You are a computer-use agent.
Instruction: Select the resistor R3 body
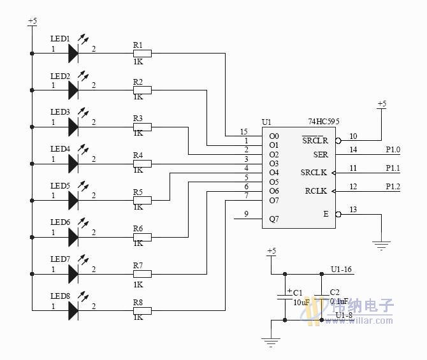[x=142, y=127]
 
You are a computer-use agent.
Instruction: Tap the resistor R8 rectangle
[x=142, y=311]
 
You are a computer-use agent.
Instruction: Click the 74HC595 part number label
[x=328, y=121]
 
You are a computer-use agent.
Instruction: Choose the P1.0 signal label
[x=393, y=150]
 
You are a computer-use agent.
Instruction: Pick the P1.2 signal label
[x=393, y=186]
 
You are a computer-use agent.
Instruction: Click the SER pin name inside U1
[x=321, y=154]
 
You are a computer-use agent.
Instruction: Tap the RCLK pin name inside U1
[x=316, y=191]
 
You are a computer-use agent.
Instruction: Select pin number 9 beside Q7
[x=246, y=214]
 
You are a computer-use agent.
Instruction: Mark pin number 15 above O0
[x=244, y=131]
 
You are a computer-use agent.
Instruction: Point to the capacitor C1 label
[x=298, y=292]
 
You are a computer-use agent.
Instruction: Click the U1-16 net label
[x=342, y=270]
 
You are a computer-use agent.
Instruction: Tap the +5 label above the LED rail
[x=32, y=21]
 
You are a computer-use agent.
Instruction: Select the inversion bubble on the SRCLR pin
[x=338, y=141]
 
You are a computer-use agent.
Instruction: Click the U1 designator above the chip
[x=266, y=122]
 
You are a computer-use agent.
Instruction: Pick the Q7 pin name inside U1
[x=274, y=219]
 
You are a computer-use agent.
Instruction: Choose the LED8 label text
[x=60, y=296]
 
